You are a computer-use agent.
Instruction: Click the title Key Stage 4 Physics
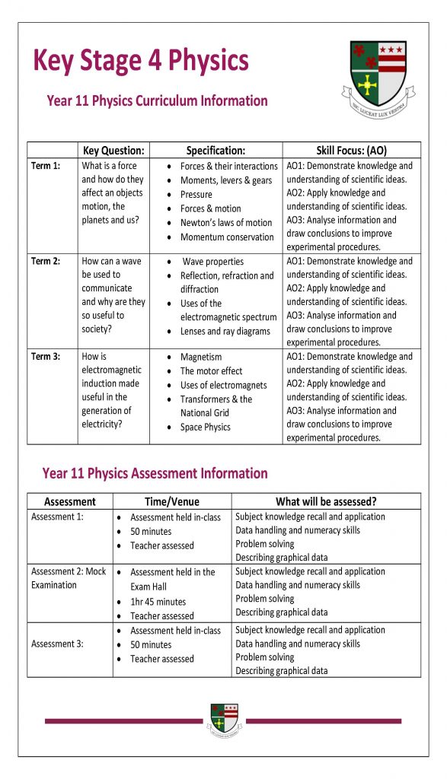point(141,59)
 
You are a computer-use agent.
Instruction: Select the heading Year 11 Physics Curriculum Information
point(157,100)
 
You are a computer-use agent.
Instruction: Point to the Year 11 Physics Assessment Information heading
point(155,473)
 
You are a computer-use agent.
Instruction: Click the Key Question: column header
point(113,151)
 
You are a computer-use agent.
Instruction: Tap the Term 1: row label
point(46,166)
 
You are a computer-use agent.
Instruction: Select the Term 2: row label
point(46,261)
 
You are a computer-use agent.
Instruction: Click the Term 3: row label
point(46,356)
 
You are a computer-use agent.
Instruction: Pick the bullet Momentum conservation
point(227,237)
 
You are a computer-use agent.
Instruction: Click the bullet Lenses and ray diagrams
point(225,332)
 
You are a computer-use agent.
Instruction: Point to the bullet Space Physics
point(205,428)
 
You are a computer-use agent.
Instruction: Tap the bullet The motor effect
point(211,370)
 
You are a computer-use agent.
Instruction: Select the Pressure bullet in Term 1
point(196,194)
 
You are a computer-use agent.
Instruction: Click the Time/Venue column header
point(172,501)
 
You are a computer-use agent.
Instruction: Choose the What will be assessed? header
point(326,501)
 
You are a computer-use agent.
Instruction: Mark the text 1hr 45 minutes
point(158,601)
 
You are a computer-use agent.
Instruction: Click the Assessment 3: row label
point(57,644)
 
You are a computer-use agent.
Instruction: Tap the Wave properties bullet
point(212,261)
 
